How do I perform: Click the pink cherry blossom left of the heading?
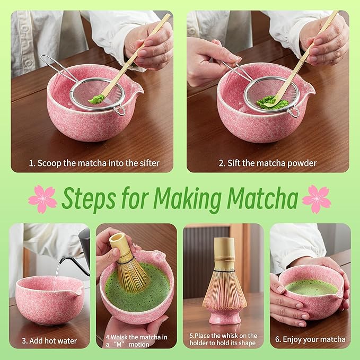click(x=42, y=199)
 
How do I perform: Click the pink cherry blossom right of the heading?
click(x=317, y=199)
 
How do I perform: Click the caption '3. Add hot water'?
click(x=49, y=340)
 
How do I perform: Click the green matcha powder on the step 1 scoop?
click(x=95, y=99)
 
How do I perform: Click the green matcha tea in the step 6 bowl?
click(x=311, y=287)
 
